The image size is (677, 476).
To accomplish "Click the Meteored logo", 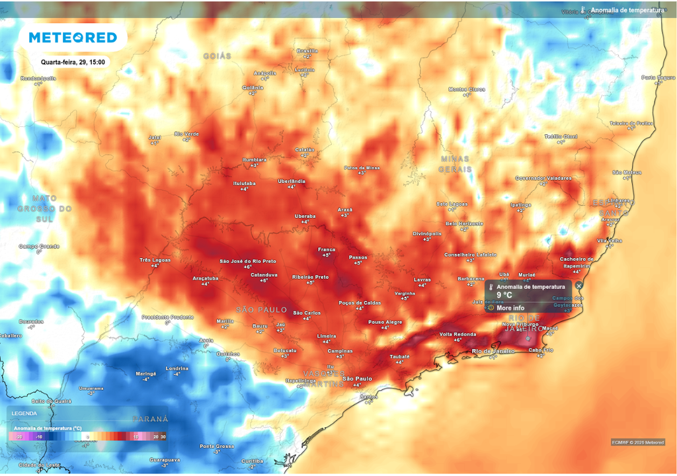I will coord(73,38).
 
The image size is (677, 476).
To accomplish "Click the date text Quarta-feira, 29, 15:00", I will coord(73,62).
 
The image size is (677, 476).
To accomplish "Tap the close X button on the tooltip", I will coord(579,286).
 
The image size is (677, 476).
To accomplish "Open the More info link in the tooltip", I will coord(510,308).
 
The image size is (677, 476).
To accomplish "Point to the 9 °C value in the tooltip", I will coord(504,296).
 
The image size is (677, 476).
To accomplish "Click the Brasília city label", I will coord(307,51).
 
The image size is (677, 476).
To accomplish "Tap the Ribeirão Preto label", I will coord(311,277).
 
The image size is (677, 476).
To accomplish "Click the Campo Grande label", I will coord(39,247).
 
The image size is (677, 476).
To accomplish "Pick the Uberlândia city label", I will coord(291,181).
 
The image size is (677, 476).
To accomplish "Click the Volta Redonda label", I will coord(458,334).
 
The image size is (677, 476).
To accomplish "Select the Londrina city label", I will coord(177,368).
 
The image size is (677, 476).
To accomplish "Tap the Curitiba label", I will coord(252,461).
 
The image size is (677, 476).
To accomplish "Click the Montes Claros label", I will coord(467,89).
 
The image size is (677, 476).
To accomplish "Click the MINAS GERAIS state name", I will coord(455,164).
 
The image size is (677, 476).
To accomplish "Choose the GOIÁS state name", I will coord(218,56).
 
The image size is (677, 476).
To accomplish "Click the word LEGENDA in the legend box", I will coord(24,413).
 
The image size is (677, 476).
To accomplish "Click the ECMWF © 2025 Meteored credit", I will coord(637,442).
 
